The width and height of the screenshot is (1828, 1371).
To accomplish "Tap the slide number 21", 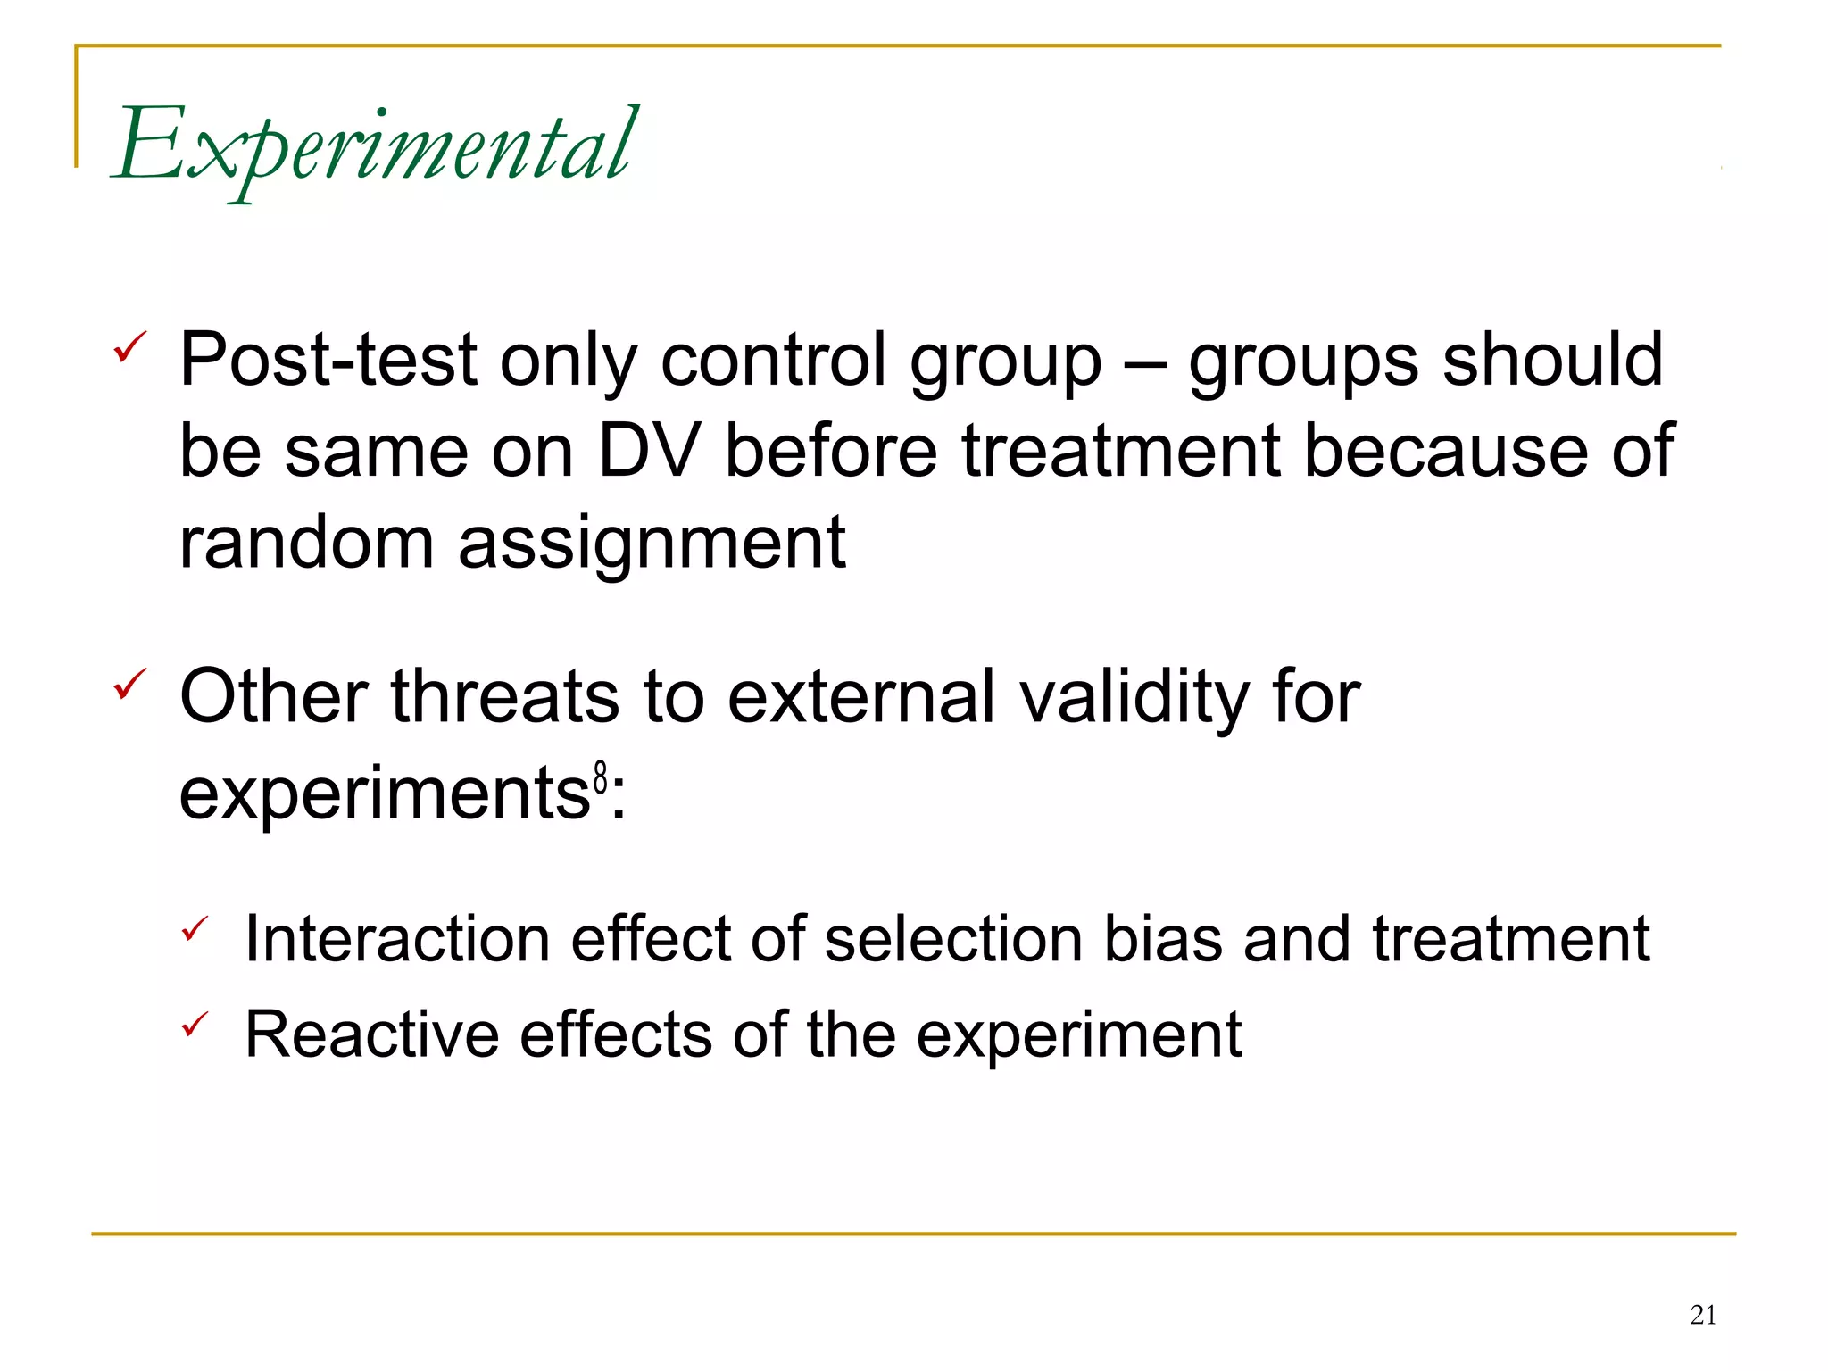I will [1703, 1315].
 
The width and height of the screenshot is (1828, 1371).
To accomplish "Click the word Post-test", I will [328, 360].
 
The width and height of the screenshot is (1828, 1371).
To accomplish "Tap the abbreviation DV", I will [648, 451].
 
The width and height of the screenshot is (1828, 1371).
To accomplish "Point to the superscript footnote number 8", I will [601, 778].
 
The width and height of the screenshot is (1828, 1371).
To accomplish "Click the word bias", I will [1162, 939].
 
